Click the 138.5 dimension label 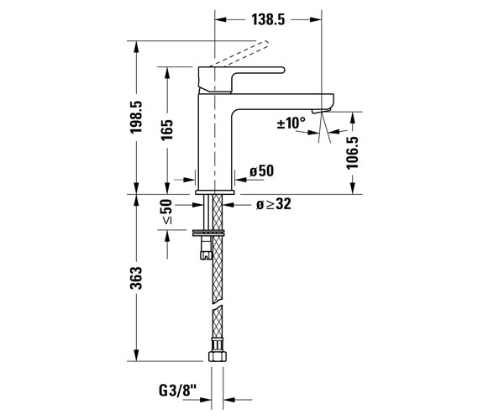click(x=268, y=20)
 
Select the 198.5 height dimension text click(x=136, y=117)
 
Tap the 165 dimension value click(x=167, y=130)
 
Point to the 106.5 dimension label click(x=352, y=152)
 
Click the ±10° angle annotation click(x=291, y=123)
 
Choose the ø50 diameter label click(x=261, y=171)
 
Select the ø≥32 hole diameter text click(x=274, y=204)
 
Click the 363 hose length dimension click(x=136, y=278)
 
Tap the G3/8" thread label click(x=177, y=391)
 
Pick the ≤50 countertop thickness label click(x=166, y=212)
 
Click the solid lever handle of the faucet click(x=241, y=79)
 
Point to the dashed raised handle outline click(x=239, y=54)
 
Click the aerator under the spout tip click(x=321, y=111)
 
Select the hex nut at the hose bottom click(x=218, y=356)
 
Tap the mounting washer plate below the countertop click(x=208, y=233)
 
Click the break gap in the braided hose click(x=218, y=305)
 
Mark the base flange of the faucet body click(x=215, y=192)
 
